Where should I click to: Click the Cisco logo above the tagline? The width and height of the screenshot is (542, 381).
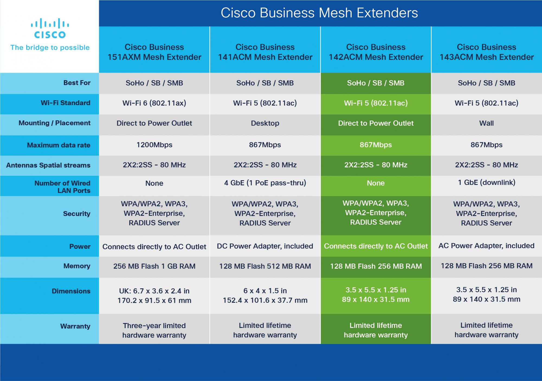[x=50, y=28]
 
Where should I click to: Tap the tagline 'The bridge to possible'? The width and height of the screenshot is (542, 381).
[x=50, y=48]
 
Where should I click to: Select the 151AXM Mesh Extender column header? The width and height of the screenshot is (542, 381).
[x=154, y=52]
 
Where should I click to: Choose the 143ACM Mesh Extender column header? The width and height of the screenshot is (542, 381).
[x=486, y=52]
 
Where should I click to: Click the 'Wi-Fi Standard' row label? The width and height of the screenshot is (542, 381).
[x=65, y=103]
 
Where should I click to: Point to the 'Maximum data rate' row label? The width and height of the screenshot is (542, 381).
[x=59, y=145]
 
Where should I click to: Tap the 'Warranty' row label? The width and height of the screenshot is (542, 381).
[x=75, y=326]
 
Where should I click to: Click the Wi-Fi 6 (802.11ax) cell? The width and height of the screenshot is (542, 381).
[x=154, y=103]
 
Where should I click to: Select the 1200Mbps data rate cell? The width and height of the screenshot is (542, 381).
[x=154, y=145]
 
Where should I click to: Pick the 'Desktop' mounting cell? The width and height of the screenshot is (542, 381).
[x=265, y=123]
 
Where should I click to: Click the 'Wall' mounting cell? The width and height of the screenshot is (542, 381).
[x=486, y=123]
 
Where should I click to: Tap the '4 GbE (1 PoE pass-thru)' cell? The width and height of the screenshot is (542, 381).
[x=265, y=183]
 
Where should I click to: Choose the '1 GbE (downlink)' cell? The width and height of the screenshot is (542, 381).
[x=486, y=182]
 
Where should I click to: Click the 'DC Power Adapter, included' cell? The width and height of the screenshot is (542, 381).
[x=265, y=246]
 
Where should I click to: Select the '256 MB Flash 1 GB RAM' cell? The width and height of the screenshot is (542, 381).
[x=154, y=266]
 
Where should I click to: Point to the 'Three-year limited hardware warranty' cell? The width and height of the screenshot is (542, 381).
[x=154, y=330]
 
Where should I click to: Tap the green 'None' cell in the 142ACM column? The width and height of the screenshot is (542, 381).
[x=376, y=183]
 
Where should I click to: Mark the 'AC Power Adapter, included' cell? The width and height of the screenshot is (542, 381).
[x=486, y=246]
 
